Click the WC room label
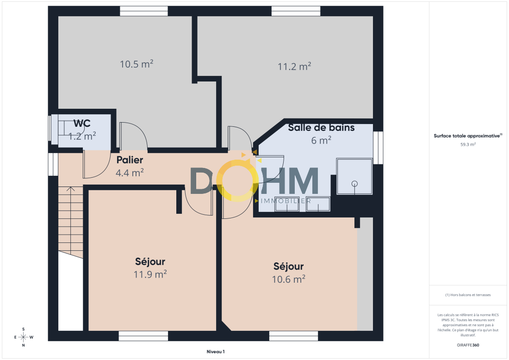82,124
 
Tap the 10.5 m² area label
137,64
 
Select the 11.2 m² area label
294,67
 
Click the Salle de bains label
321,128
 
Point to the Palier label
130,160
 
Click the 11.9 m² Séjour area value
150,274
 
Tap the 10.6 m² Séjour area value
288,279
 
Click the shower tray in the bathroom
354,176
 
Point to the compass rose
24,337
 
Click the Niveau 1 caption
216,352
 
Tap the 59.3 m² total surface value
468,144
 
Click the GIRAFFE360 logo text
468,345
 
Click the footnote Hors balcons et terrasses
468,295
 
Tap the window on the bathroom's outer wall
378,148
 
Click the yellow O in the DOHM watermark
237,180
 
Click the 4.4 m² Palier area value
130,173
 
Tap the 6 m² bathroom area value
321,141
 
